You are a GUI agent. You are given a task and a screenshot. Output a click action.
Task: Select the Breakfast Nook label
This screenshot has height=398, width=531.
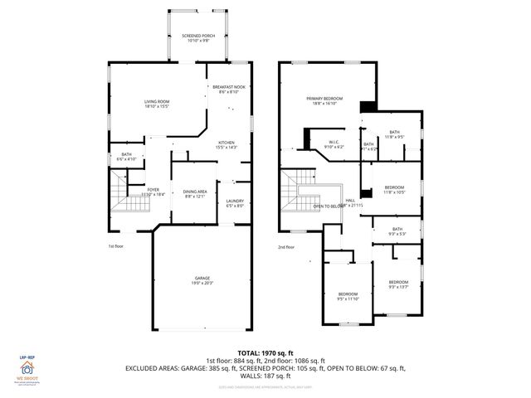coord(228,90)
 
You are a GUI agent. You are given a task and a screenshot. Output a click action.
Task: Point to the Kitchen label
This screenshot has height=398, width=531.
coord(226,145)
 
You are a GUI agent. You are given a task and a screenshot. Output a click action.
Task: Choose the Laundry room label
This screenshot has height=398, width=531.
coord(235,203)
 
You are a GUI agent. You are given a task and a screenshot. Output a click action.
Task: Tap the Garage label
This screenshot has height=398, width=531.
coord(202,279)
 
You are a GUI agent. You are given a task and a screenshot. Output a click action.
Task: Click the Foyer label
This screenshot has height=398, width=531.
coord(153,192)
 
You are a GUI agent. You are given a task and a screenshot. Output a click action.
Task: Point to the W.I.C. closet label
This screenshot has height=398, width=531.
coord(334,144)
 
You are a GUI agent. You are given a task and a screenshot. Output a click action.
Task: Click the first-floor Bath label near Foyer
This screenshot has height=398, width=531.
coord(127,156)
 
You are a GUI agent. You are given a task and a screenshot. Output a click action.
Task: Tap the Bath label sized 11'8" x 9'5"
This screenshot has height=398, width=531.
coord(394,133)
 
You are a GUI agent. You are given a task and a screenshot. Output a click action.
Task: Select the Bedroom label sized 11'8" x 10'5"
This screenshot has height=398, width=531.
coord(394,190)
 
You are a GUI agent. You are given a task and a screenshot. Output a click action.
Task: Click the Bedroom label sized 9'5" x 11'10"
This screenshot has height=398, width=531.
coord(348,296)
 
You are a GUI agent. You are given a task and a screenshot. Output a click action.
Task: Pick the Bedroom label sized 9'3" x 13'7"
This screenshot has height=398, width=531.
coord(399,284)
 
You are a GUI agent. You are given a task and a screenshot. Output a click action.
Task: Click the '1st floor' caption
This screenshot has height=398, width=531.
coord(117,246)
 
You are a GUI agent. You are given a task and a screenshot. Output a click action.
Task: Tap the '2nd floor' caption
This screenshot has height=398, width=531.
coord(286,246)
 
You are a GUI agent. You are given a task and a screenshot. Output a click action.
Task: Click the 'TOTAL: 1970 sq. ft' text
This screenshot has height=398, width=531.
coord(265,352)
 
